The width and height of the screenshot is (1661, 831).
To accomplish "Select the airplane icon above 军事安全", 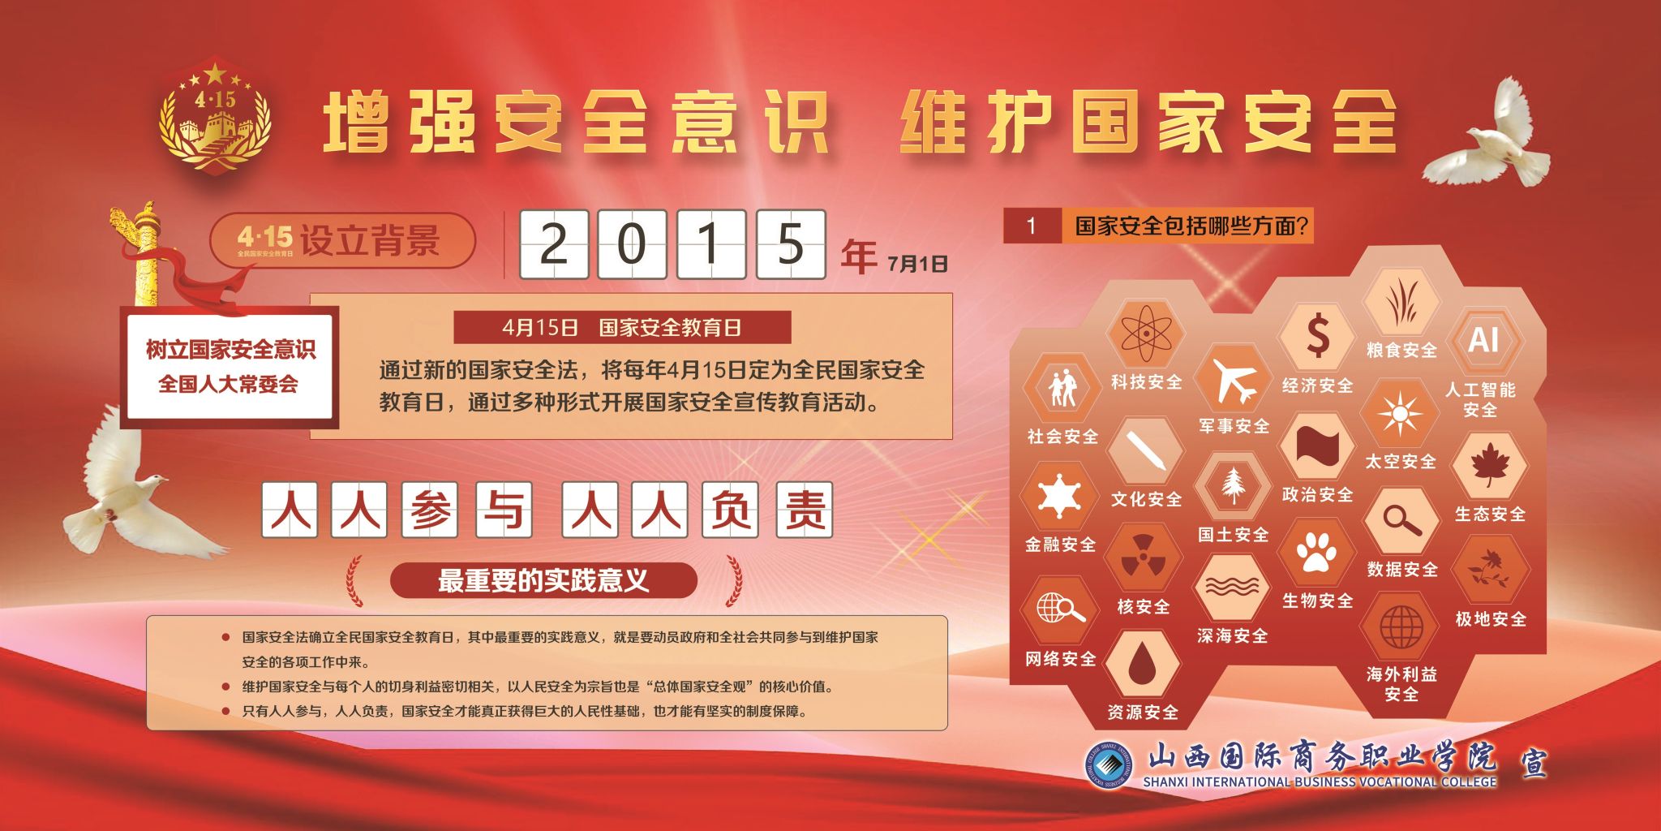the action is pyautogui.click(x=1234, y=381).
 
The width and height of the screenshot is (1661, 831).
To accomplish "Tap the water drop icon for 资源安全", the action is pyautogui.click(x=1143, y=663).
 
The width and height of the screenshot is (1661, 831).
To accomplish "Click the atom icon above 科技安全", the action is pyautogui.click(x=1145, y=333).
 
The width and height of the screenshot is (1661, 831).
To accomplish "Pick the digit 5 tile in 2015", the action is pyautogui.click(x=791, y=243).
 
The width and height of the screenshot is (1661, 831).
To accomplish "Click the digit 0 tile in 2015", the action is pyautogui.click(x=632, y=243).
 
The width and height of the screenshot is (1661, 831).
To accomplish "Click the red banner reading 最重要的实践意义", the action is pyautogui.click(x=543, y=580).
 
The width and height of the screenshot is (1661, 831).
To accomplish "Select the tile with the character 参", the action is pyautogui.click(x=430, y=510).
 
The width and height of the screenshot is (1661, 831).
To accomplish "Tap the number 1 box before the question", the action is pyautogui.click(x=1032, y=226).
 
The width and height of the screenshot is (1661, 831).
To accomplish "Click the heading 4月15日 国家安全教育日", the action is pyautogui.click(x=622, y=327).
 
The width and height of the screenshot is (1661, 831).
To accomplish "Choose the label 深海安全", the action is pyautogui.click(x=1232, y=635).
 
